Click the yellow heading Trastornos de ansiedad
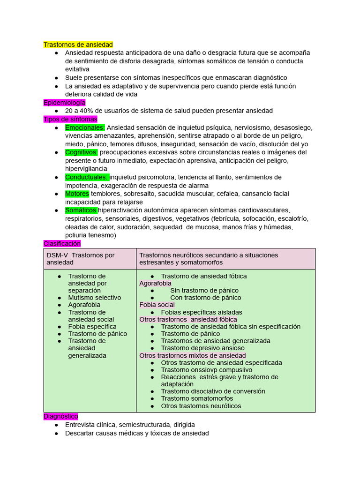pos(78,45)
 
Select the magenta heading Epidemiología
pos(64,103)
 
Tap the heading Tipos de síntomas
pos(70,119)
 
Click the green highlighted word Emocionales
pos(85,127)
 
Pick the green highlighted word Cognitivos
pos(81,152)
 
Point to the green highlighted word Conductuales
pos(87,177)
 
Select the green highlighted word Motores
pos(77,194)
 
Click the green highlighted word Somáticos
pos(81,210)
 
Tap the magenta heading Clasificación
pos(62,244)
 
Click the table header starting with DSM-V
pos(80,259)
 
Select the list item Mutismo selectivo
pos(94,298)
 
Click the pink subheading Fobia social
pos(157,305)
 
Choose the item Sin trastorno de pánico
pos(204,291)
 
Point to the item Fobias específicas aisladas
pos(202,312)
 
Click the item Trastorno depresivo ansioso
pos(202,348)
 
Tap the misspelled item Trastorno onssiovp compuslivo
pos(206,370)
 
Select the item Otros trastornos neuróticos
pos(201,406)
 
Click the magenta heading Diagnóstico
pos(60,416)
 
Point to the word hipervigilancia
pos(86,169)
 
